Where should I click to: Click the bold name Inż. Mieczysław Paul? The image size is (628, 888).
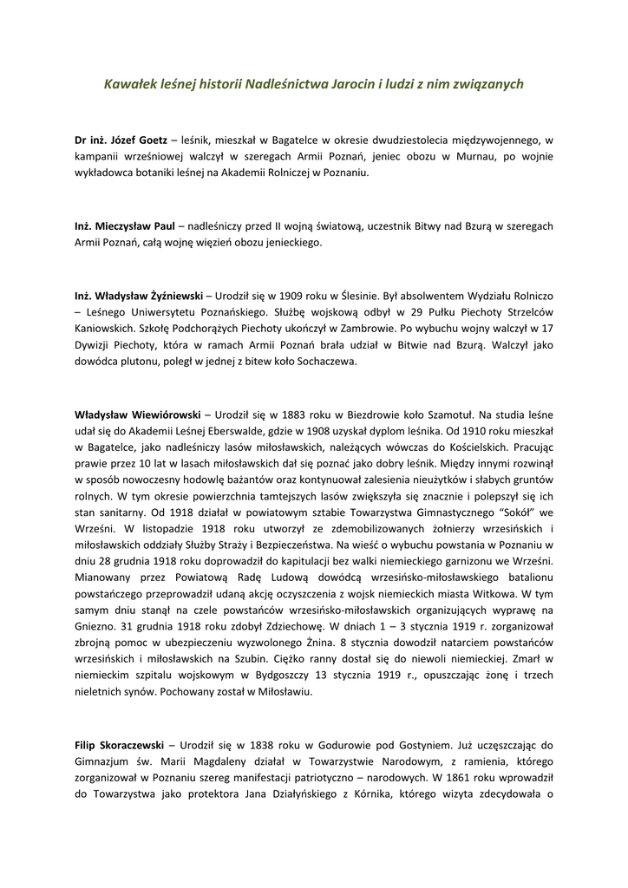pyautogui.click(x=125, y=225)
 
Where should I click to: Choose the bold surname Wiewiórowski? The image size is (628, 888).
pyautogui.click(x=160, y=415)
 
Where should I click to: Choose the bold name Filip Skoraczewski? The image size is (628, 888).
pyautogui.click(x=125, y=745)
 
